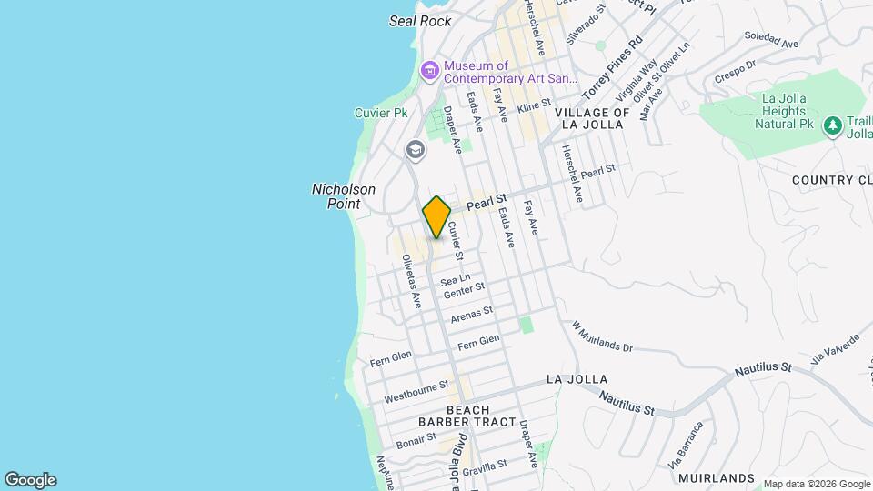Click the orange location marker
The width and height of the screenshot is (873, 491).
436,217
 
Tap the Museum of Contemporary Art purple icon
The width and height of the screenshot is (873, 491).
430,69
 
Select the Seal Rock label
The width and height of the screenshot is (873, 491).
420,21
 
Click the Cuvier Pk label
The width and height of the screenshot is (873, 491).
381,113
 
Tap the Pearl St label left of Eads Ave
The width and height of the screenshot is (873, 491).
486,205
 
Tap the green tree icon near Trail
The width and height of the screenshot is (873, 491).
831,126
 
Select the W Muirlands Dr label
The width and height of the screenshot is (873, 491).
601,336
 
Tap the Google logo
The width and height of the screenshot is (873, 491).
30,480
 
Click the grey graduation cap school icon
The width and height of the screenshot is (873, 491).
416,149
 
